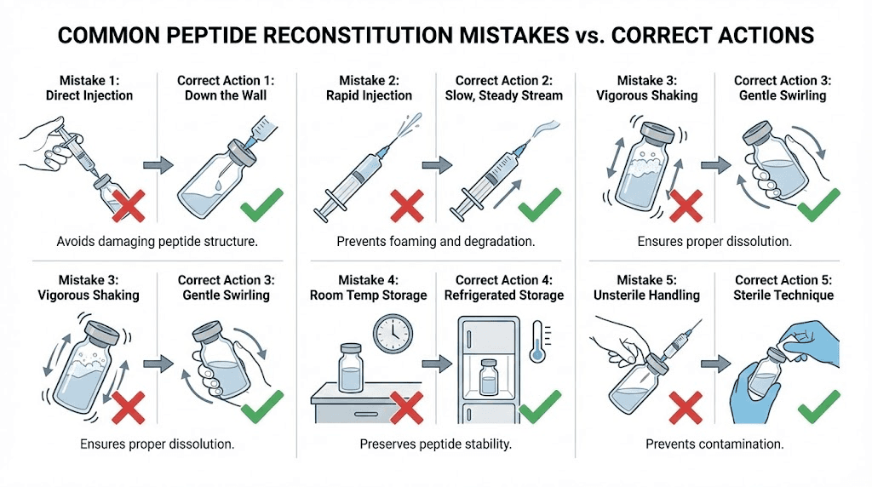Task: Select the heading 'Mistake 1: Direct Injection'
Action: [x=89, y=88]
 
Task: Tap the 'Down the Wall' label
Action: [x=226, y=95]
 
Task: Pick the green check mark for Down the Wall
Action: [x=263, y=204]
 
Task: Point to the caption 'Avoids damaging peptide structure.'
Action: [x=158, y=242]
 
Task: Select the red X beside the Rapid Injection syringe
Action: [x=407, y=205]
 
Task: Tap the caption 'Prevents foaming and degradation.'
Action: [x=436, y=242]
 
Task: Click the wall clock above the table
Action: [x=393, y=335]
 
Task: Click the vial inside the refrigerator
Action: [x=489, y=377]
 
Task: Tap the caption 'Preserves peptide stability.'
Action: [x=436, y=444]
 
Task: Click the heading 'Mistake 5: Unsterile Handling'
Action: [x=646, y=287]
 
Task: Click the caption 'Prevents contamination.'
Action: [x=714, y=444]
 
